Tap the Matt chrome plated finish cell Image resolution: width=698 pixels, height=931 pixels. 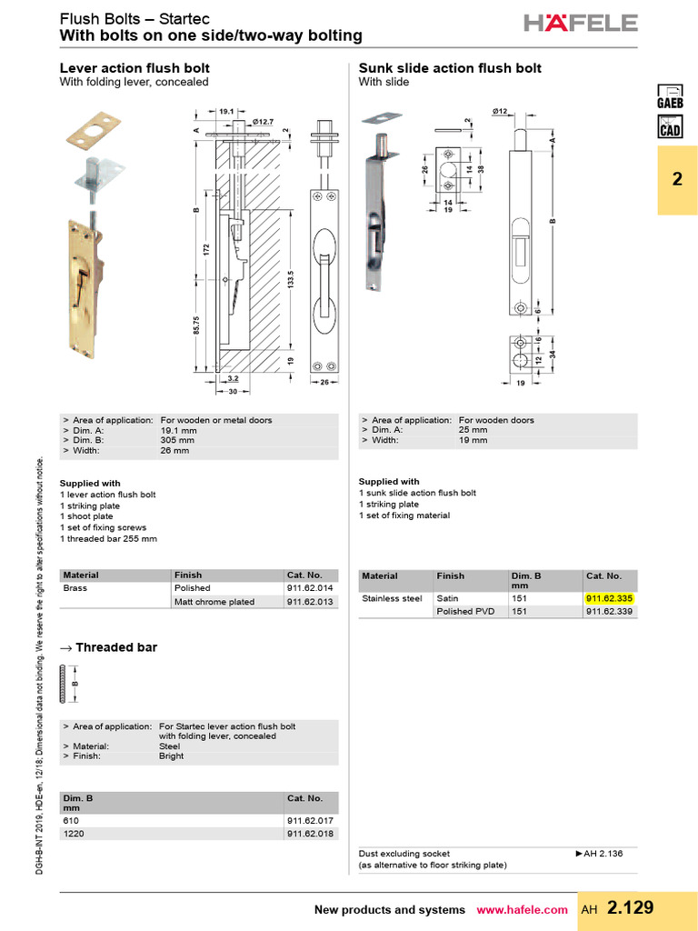pos(214,602)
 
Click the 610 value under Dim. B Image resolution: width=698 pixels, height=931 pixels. pos(71,820)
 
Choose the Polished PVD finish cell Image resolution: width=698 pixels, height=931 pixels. pos(467,612)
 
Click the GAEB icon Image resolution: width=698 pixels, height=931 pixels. pos(670,95)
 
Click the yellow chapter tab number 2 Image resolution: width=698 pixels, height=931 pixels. pos(676,180)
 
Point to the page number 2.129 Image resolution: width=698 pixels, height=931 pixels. pos(630,908)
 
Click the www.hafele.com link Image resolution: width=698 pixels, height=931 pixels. pos(522,910)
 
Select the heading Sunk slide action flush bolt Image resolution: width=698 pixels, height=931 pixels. pos(450,68)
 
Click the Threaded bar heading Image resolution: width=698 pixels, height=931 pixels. pos(115,647)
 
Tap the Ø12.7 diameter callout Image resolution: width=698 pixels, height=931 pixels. pos(264,122)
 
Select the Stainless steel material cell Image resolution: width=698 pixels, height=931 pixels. pos(392,599)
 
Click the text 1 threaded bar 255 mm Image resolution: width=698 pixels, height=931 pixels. pos(108,538)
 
